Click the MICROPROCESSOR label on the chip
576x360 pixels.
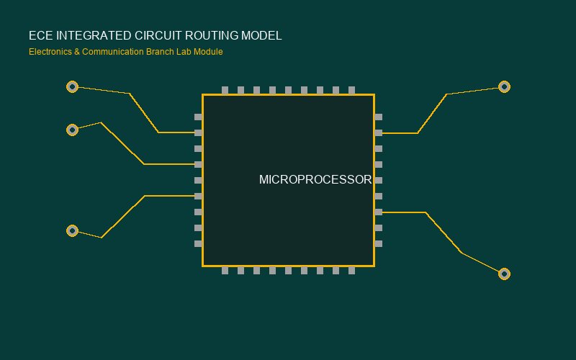[315, 179]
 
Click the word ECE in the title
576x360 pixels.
[41, 35]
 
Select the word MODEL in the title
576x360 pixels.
[261, 35]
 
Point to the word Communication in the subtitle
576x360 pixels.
[113, 52]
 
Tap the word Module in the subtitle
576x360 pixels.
[208, 52]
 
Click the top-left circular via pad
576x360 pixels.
[73, 86]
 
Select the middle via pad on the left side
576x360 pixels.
[73, 130]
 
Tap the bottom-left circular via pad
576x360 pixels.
[73, 230]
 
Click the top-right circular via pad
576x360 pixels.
[505, 86]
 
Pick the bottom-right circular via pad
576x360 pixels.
[505, 274]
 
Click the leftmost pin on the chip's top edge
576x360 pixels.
[225, 91]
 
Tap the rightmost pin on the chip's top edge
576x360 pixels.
[351, 91]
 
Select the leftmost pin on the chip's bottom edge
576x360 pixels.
[225, 271]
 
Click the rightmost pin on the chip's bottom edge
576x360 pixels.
[351, 271]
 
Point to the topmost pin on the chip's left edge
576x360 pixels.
[199, 117]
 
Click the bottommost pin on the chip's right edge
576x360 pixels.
[379, 243]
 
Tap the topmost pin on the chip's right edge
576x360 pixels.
[379, 117]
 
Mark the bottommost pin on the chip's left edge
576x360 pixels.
[199, 243]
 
